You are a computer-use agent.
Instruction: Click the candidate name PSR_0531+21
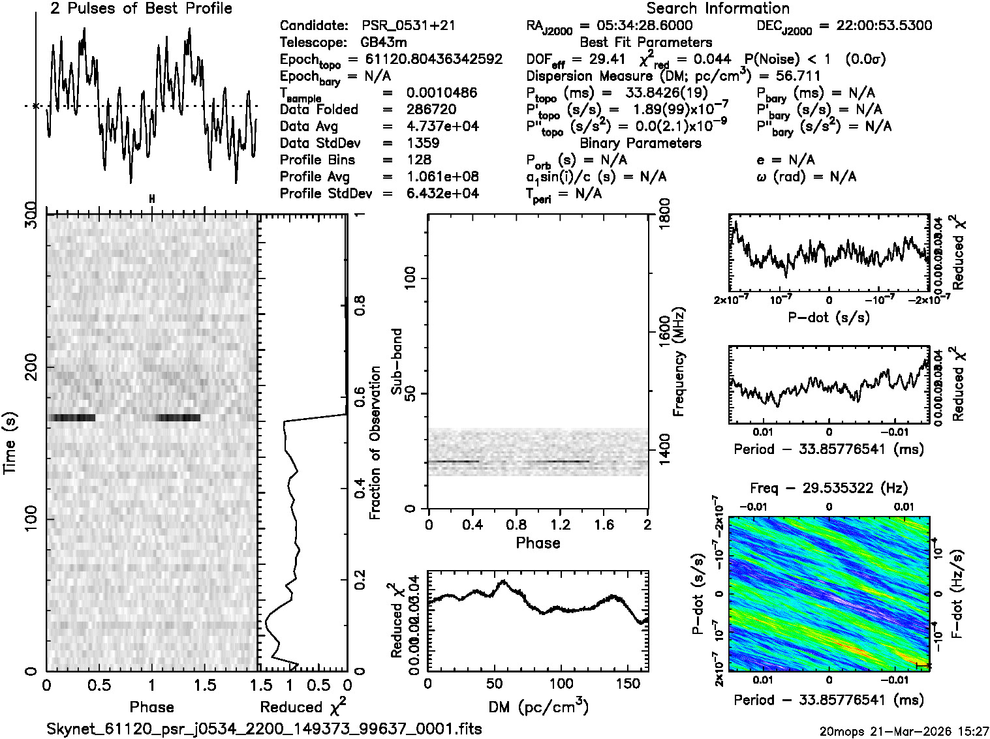tap(409, 26)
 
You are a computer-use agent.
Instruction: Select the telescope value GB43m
tap(384, 43)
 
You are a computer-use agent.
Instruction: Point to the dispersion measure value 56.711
tap(798, 76)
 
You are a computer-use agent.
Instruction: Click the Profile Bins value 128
tap(418, 160)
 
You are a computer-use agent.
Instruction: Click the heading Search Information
tap(717, 8)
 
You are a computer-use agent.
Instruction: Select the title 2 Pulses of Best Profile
tap(141, 8)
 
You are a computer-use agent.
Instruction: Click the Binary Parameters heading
tap(640, 143)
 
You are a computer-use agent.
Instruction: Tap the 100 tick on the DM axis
tap(561, 684)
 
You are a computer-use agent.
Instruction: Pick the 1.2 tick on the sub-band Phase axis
tap(561, 525)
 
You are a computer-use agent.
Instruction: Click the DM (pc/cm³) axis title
tap(538, 706)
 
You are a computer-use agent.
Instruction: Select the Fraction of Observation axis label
tap(375, 443)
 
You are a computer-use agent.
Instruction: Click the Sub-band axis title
tap(396, 361)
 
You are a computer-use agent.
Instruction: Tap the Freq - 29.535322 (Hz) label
tap(828, 488)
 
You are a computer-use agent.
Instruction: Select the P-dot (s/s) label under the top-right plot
tap(828, 318)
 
